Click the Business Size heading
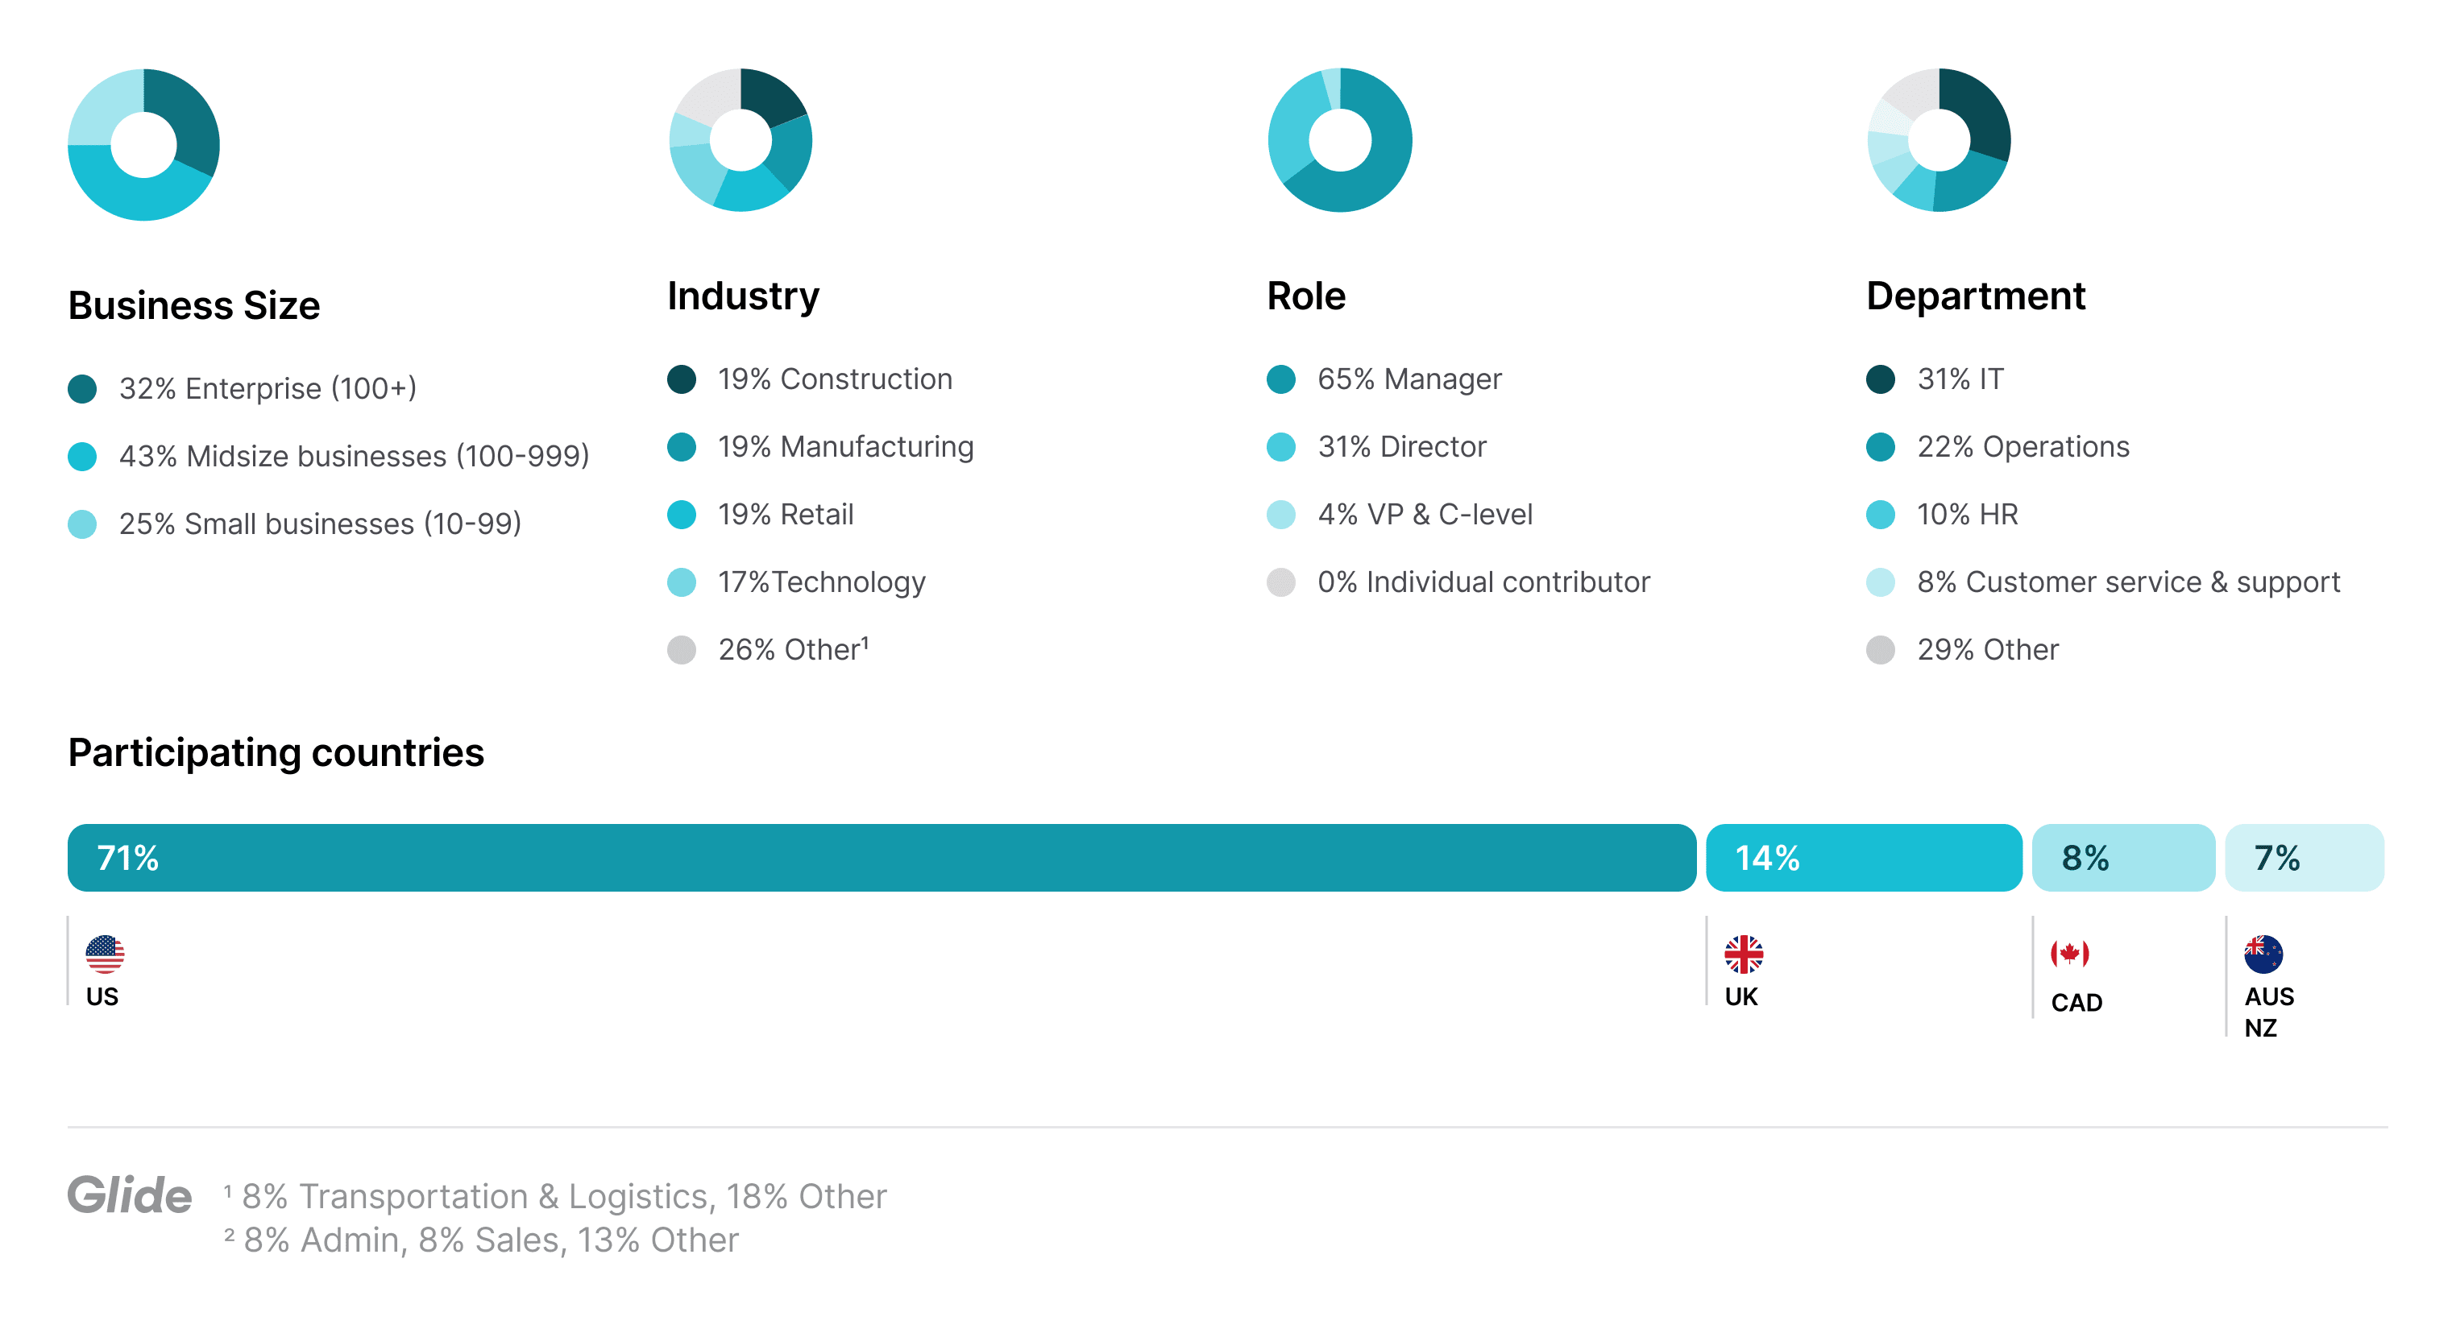(x=193, y=306)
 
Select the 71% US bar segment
(x=881, y=857)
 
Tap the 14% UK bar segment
(x=1863, y=857)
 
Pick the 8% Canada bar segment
(x=2122, y=857)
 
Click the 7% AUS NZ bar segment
(x=2304, y=857)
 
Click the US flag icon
(x=105, y=954)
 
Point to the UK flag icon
(x=1743, y=954)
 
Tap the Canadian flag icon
(x=2069, y=954)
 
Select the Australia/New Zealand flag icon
(x=2263, y=954)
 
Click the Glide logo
(x=130, y=1195)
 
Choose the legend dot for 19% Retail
(x=682, y=515)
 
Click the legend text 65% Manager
(x=1409, y=379)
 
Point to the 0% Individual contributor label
(x=1483, y=582)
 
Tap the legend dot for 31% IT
(x=1880, y=379)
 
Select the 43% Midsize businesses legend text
(x=354, y=457)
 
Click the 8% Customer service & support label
(x=2128, y=582)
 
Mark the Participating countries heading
(x=276, y=753)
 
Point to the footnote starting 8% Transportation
(x=563, y=1196)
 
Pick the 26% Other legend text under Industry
(x=792, y=650)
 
